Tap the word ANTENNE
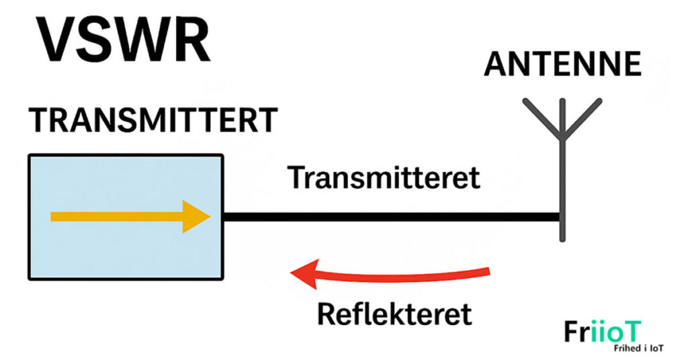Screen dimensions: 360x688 [x=562, y=64]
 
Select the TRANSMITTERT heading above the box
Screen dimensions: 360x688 [x=153, y=121]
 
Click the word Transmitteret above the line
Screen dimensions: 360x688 [x=384, y=178]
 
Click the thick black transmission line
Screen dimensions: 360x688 [x=390, y=217]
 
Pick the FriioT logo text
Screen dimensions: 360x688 [x=603, y=332]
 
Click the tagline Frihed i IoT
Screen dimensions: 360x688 [x=632, y=349]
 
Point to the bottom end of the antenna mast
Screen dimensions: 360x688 [x=564, y=238]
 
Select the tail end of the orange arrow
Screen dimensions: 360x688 [x=54, y=217]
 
